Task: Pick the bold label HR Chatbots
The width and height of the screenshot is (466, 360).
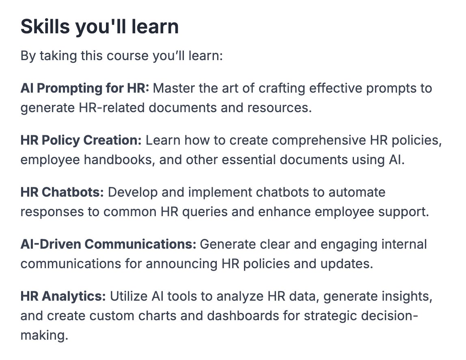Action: [63, 192]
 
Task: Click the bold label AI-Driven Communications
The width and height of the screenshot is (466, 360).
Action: [108, 244]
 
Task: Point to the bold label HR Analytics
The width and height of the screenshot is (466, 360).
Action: [63, 296]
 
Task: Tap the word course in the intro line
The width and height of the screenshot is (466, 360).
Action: [127, 55]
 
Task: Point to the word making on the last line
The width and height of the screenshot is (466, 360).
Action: [43, 335]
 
